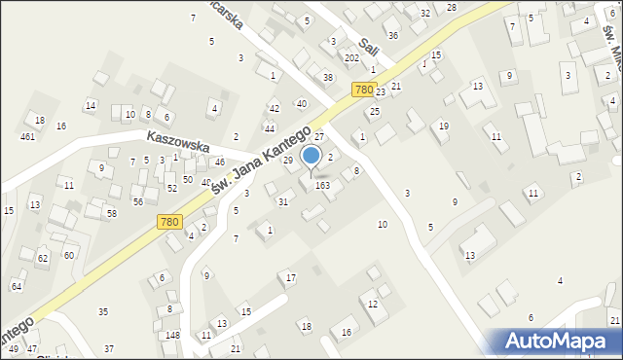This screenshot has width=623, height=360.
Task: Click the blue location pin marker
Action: point(311,157)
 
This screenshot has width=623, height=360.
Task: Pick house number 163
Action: point(322,185)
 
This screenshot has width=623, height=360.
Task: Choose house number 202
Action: point(351,58)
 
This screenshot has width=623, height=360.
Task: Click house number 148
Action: point(172,336)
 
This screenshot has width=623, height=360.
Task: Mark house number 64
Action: point(16,286)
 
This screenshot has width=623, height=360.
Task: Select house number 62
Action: point(43,259)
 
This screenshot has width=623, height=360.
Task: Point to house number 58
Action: point(112,213)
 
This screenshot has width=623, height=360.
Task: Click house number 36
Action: point(393,36)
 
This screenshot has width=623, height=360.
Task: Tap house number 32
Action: point(425,13)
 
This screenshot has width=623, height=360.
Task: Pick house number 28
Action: point(452,8)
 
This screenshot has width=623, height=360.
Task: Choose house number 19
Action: point(444,126)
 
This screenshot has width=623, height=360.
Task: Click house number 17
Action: point(291,278)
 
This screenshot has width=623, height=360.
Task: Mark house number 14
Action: point(91,105)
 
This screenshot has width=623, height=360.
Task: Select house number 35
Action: point(103,311)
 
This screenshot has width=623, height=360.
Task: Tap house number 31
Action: point(283,202)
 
